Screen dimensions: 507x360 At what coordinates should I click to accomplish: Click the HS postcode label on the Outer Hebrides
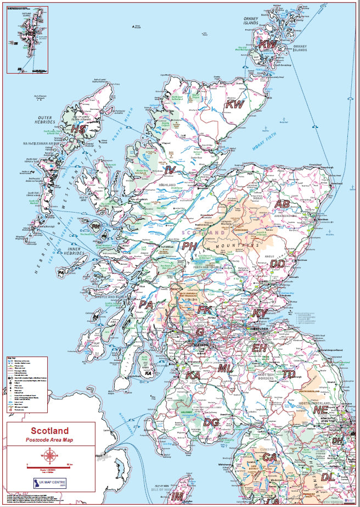tap(78, 129)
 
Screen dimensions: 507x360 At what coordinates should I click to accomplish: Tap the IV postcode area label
tap(170, 170)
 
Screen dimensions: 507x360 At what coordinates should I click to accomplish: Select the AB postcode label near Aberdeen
tap(282, 204)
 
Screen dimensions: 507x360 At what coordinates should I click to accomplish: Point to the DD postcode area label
tap(278, 264)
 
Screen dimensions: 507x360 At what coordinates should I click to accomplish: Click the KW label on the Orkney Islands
tap(268, 44)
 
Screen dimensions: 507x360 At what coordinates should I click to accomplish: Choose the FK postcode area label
tap(204, 310)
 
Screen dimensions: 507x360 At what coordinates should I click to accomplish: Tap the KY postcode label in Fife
tap(260, 313)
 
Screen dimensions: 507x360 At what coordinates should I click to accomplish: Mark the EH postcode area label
tap(259, 348)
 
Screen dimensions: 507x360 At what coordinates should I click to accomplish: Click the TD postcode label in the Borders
tap(289, 374)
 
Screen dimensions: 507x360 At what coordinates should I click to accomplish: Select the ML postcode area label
tap(225, 369)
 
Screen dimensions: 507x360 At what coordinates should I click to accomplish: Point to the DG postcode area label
tap(211, 422)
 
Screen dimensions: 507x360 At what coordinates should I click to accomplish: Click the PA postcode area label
tap(146, 304)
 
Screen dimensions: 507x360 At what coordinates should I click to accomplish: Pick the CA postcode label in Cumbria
tap(269, 456)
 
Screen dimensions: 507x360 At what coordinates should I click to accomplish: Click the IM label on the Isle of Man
tap(177, 496)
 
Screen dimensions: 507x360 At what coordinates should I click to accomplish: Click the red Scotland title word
tap(50, 431)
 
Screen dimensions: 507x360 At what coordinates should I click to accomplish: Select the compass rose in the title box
tap(50, 455)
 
